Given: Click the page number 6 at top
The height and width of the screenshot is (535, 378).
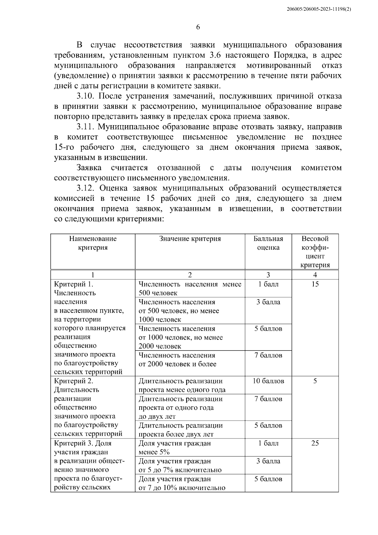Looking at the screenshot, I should tap(198, 27).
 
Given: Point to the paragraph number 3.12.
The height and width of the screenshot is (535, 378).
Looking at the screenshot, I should tap(86, 188).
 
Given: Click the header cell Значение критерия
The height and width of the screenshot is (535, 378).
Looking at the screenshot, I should tap(190, 239).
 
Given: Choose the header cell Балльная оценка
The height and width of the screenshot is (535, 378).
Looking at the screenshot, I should tap(268, 243).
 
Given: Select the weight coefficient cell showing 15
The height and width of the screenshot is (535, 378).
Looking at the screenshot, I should tap(315, 284).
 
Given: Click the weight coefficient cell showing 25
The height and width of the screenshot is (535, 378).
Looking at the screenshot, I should tap(315, 443).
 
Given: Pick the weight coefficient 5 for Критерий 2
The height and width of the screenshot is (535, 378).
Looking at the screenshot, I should tap(315, 381).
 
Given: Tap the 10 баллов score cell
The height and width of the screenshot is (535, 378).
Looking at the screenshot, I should tap(268, 381).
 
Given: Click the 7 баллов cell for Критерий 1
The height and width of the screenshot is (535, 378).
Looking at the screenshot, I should tap(268, 355).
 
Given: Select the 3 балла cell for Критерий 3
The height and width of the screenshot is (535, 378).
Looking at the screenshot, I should tap(268, 461).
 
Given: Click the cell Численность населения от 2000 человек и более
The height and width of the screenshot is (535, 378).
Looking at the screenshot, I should tap(177, 360).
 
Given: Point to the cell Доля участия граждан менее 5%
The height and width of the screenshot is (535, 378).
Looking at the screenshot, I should tap(175, 448).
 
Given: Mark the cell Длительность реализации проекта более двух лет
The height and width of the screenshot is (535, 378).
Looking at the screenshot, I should tap(180, 430).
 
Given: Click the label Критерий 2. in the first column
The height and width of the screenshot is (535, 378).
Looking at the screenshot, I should tap(73, 381).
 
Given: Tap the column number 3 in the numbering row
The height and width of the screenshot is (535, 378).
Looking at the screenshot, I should tap(268, 275).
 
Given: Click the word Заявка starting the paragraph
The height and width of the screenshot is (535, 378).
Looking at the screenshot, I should tap(89, 168).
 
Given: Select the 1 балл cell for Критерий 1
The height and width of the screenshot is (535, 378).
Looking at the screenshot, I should tap(268, 284).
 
